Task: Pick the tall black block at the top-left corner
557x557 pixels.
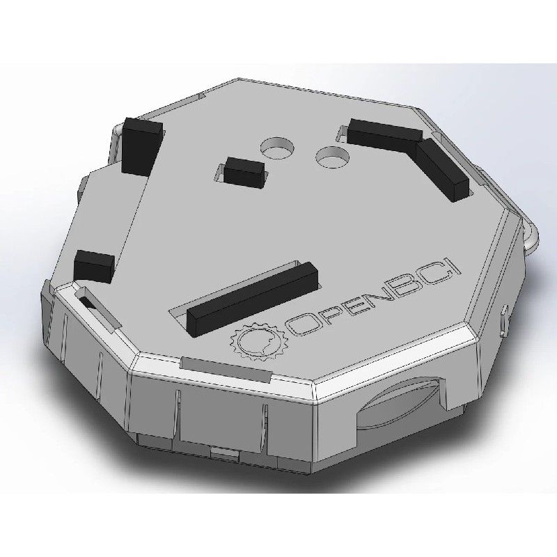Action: (x=141, y=145)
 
